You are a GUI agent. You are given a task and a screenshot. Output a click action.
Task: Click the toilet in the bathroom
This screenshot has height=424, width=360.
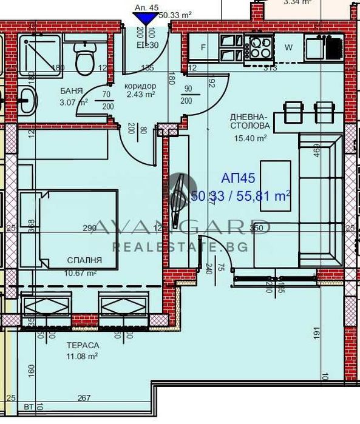pos(83,58)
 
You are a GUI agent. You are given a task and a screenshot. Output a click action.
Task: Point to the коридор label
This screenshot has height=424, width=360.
pos(140,86)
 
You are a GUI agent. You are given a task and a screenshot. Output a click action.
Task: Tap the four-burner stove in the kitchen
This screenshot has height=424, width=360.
pos(262,47)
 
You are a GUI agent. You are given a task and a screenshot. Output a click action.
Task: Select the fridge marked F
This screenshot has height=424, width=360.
pos(203,47)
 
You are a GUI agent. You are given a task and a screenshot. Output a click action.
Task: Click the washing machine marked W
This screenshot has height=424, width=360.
pos(289,47)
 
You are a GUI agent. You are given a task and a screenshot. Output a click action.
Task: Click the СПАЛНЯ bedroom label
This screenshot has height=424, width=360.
pos(84,260)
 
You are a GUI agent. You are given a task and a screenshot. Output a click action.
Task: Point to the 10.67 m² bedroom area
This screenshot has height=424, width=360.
pos(82,272)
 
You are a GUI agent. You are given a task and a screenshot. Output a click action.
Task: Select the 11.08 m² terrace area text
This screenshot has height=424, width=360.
pos(82,356)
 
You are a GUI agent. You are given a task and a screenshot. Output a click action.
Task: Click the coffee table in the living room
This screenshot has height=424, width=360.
pos(276,186)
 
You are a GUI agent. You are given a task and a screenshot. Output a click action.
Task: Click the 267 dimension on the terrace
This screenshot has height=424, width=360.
pos(84,398)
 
